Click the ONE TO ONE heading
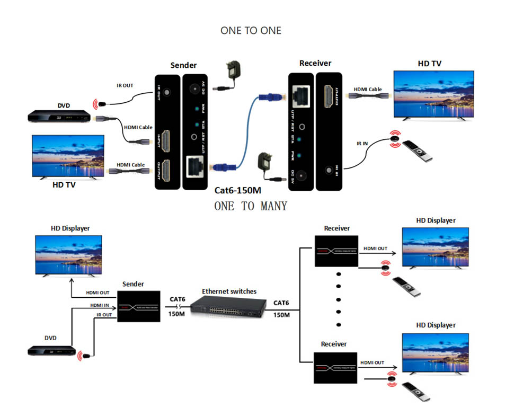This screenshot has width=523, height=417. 251,31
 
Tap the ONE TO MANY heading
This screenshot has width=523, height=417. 251,206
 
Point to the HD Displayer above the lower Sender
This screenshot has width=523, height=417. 68,255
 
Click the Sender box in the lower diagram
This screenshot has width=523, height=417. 138,306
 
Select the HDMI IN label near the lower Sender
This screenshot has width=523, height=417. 100,305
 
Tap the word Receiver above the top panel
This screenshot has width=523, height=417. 315,63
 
